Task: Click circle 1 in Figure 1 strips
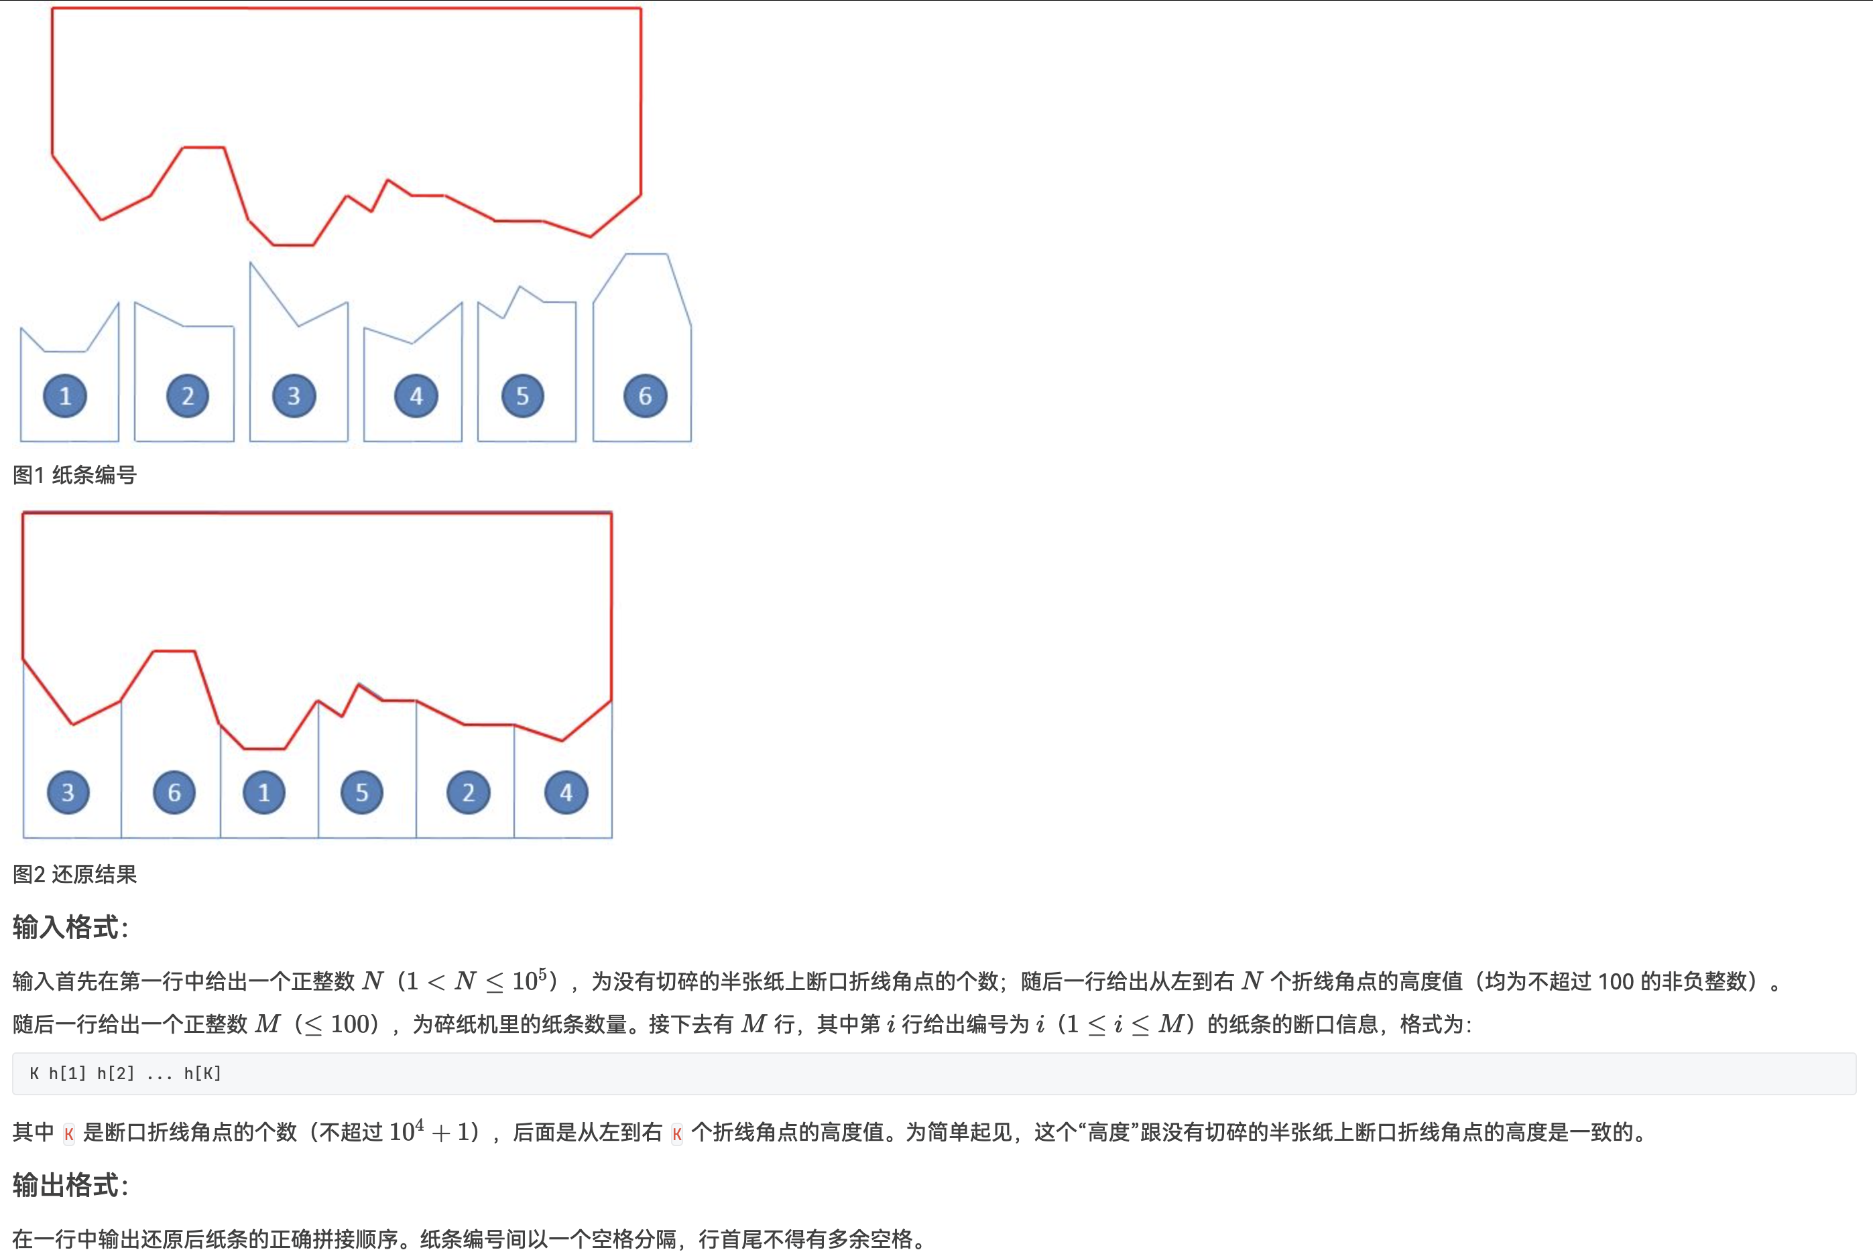[66, 396]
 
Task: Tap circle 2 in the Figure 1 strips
[187, 396]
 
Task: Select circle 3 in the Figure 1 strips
[294, 396]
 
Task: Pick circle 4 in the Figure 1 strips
[416, 396]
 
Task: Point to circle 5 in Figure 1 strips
[522, 396]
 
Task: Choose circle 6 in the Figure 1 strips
[645, 396]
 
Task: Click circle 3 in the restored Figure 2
[68, 792]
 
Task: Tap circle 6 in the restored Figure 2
[174, 792]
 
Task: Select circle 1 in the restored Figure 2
[264, 792]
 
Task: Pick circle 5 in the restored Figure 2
[361, 792]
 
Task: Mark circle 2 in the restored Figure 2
[468, 792]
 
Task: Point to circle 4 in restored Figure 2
[566, 792]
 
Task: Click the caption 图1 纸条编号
[74, 475]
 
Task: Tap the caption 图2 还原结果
[74, 874]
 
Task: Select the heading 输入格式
[70, 928]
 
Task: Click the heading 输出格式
[70, 1185]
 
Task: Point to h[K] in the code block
[202, 1073]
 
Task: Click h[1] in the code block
[67, 1073]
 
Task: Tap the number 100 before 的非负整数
[1616, 981]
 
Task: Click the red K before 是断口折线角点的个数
[69, 1133]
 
